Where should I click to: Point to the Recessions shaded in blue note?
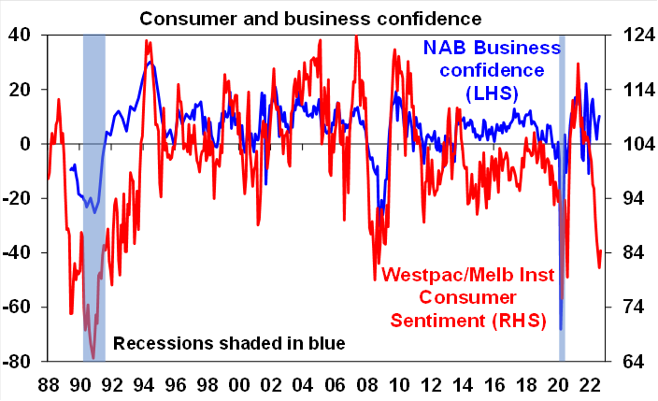tap(229, 343)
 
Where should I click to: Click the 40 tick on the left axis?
tap(19, 35)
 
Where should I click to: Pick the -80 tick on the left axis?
tap(19, 362)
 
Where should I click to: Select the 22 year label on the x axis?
tap(589, 386)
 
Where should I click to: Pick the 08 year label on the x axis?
tap(365, 386)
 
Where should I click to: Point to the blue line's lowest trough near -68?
tap(561, 329)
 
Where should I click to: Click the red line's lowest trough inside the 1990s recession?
tap(93, 357)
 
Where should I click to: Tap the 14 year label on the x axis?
tap(461, 386)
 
